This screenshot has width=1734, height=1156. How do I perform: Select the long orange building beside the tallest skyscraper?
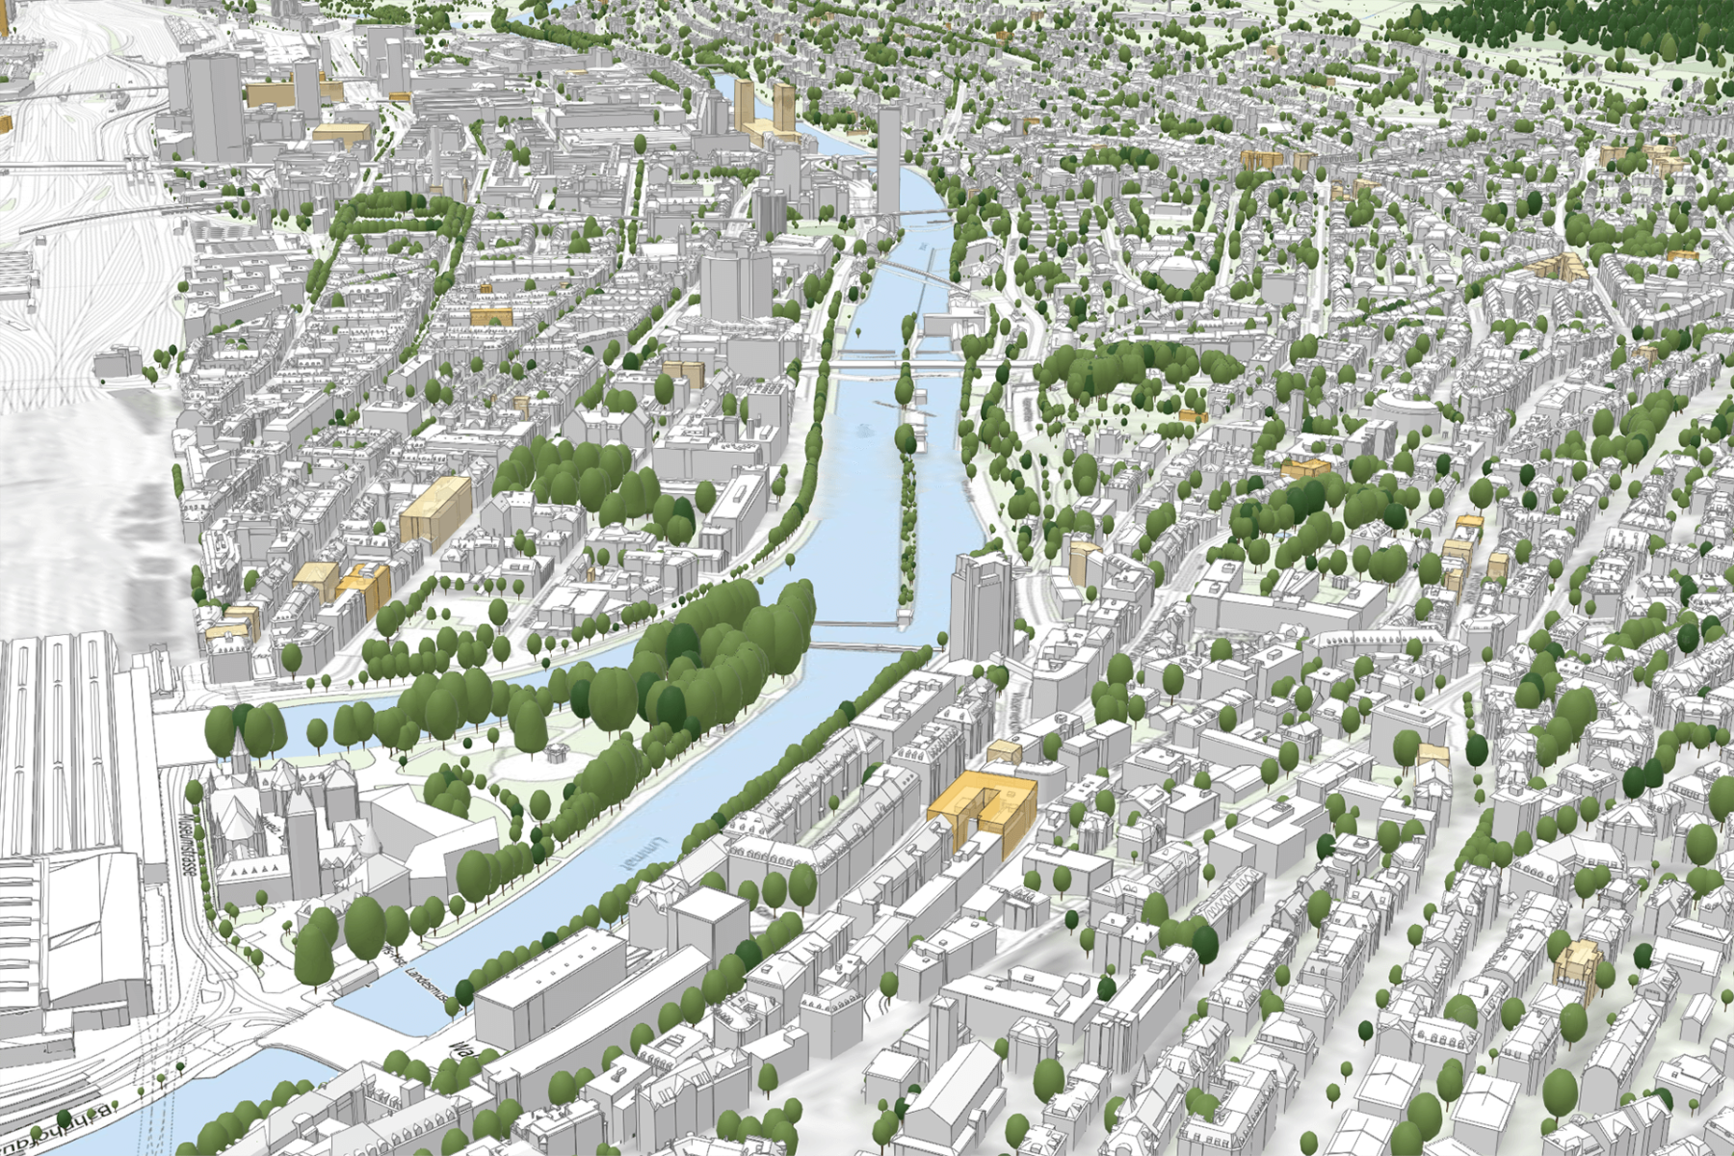tap(275, 93)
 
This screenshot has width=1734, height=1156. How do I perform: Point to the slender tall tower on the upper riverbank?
tap(888, 154)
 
